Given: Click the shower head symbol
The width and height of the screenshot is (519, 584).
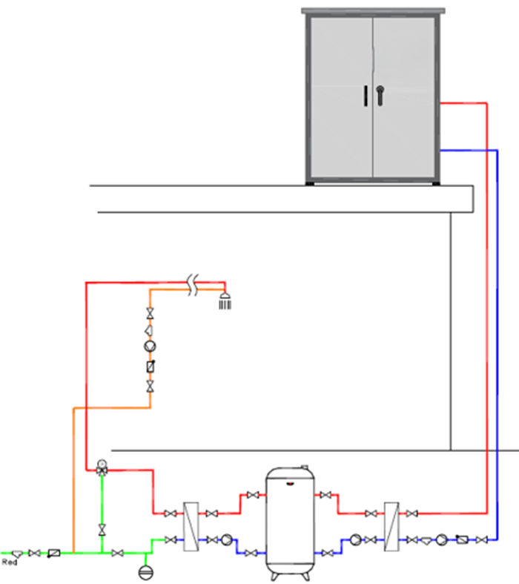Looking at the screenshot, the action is tap(225, 301).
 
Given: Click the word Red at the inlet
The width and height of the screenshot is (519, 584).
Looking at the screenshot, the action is tap(10, 562).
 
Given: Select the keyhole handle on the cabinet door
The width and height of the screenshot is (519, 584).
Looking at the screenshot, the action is tap(380, 95).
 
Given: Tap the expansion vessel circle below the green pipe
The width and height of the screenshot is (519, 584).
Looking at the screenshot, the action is tap(145, 572).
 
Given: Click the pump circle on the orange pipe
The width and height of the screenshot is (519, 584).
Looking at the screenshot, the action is tap(150, 347).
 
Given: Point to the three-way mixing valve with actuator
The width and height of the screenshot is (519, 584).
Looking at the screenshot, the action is tap(102, 467).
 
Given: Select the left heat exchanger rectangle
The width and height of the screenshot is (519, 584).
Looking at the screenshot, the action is tap(191, 526).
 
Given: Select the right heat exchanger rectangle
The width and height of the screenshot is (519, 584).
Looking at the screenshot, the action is tap(391, 526).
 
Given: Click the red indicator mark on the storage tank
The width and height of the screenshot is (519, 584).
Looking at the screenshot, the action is tap(290, 484).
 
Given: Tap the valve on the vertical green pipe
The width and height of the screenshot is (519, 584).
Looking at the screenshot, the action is tap(102, 530).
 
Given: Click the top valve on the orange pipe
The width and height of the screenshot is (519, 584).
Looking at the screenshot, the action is tap(150, 313).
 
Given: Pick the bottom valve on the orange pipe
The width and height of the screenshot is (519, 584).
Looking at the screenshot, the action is tap(150, 386).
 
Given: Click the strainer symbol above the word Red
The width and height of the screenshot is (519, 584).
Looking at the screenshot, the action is tap(17, 554).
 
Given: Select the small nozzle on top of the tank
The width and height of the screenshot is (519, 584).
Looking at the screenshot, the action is tap(305, 467).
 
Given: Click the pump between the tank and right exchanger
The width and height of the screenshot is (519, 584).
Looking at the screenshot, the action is tap(356, 539).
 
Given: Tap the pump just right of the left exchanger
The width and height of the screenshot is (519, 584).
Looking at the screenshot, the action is tap(227, 539).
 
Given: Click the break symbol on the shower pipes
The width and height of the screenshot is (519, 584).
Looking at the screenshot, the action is tap(192, 285).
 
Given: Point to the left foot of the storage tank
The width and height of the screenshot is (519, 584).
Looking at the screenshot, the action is tap(274, 577).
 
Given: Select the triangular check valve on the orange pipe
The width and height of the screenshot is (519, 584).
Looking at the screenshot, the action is tap(149, 330).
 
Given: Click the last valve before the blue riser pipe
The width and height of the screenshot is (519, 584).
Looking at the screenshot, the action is tap(482, 539).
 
